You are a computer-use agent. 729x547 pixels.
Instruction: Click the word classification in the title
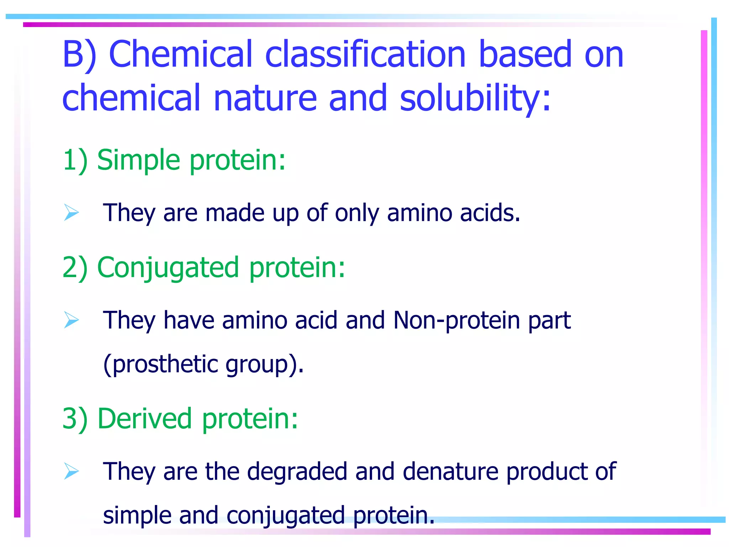coord(366,54)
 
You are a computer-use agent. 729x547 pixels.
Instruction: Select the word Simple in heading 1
coord(138,160)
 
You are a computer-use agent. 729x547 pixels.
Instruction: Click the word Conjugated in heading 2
coord(168,268)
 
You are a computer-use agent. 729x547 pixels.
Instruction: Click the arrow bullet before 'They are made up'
coord(72,213)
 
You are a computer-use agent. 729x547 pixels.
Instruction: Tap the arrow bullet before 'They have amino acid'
coord(72,320)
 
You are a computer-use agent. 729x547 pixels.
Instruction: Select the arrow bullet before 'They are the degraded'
coord(72,471)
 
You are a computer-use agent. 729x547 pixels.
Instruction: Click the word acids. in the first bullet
coord(489,213)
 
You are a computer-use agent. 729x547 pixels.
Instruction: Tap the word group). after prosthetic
coord(265,364)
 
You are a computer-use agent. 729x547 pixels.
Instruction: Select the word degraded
coord(297,472)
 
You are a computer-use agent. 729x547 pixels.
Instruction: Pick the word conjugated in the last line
coord(285,515)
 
